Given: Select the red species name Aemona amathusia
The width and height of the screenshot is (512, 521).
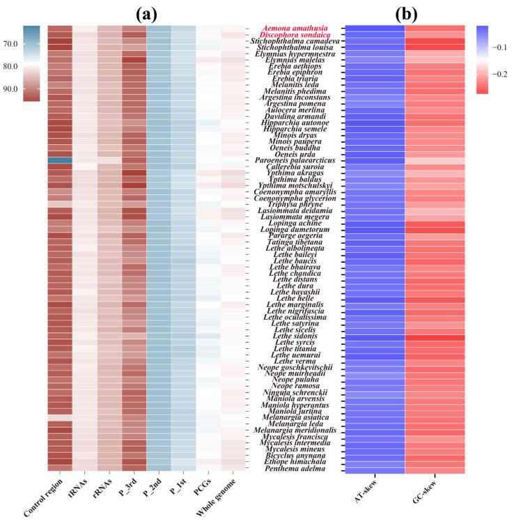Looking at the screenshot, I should tap(295, 28).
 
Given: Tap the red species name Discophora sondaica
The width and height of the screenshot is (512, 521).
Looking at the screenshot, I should tap(295, 35).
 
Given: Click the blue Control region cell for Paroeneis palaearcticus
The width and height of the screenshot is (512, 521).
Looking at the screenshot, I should tap(59, 160).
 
